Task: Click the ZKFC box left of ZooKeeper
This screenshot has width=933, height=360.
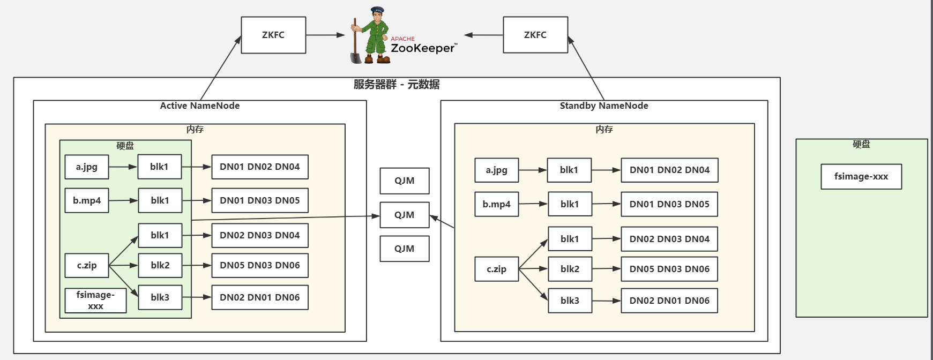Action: [273, 35]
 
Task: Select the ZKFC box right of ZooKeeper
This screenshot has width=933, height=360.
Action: [535, 35]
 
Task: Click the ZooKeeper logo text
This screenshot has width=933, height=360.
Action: [423, 48]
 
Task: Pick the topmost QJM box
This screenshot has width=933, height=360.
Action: [405, 181]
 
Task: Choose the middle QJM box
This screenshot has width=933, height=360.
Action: [405, 215]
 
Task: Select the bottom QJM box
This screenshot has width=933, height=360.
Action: [405, 249]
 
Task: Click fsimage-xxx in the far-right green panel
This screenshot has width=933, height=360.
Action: [861, 176]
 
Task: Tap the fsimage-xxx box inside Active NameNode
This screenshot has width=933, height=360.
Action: [95, 300]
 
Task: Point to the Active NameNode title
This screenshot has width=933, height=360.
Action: [200, 106]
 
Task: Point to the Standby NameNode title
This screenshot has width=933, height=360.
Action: [604, 106]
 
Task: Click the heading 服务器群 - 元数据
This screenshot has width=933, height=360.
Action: [397, 84]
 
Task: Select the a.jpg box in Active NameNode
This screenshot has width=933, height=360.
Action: [87, 167]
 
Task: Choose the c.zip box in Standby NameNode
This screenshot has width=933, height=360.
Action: [497, 269]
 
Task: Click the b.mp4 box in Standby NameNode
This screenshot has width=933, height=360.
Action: [497, 204]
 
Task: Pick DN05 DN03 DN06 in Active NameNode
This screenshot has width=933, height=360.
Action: [260, 265]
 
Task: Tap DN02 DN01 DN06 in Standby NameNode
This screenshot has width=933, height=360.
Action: [669, 301]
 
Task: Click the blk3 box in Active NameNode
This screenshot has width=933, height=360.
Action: [160, 297]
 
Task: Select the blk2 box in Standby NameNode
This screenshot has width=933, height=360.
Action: [570, 269]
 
